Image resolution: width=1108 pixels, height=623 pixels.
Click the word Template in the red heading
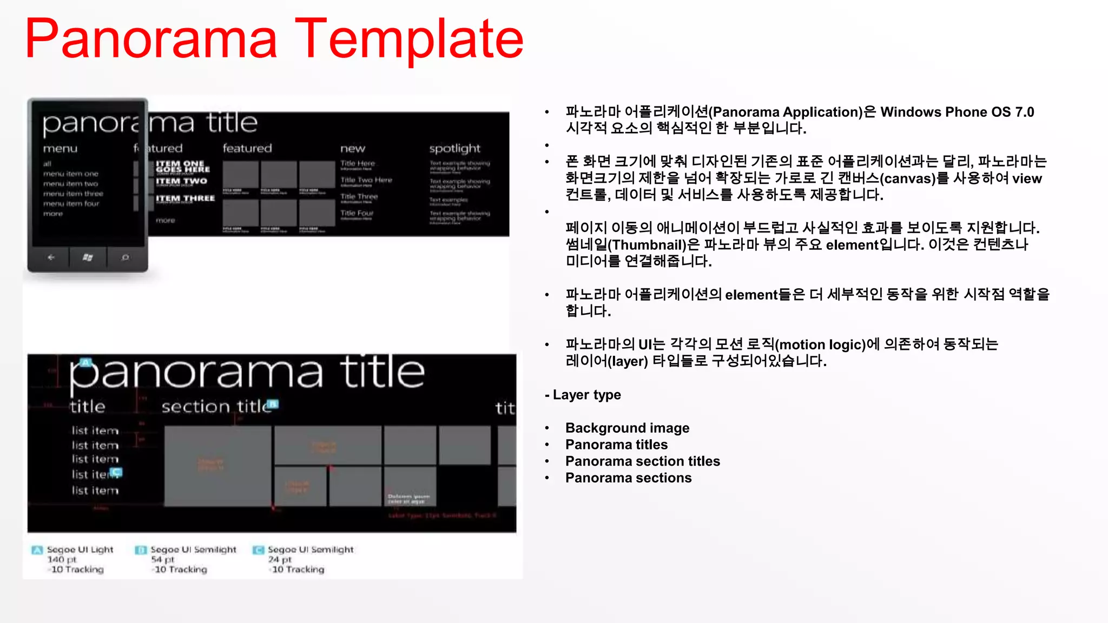pos(410,39)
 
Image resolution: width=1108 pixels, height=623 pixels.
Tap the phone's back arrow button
pos(51,257)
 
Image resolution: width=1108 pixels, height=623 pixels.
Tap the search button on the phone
pos(126,257)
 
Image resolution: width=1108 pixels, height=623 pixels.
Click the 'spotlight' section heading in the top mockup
pos(454,148)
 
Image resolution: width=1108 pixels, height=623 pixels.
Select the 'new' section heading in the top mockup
pos(353,148)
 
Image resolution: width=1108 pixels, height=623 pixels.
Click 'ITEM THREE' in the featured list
pos(185,198)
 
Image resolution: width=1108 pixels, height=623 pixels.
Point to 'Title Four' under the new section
pos(357,213)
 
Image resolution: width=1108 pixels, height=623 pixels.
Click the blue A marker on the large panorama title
pos(86,362)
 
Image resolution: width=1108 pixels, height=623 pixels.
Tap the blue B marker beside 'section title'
pos(274,404)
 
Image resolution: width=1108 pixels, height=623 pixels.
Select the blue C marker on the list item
pos(117,472)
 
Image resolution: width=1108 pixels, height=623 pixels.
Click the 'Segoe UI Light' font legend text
pos(80,549)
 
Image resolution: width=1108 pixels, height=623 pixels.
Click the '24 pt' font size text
pos(280,559)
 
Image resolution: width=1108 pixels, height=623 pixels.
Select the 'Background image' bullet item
pos(627,428)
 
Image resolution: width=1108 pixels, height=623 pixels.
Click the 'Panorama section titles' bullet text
pos(642,461)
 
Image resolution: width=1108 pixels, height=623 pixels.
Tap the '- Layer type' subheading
pos(583,395)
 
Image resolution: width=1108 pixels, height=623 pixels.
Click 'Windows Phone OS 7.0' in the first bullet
pos(957,112)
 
